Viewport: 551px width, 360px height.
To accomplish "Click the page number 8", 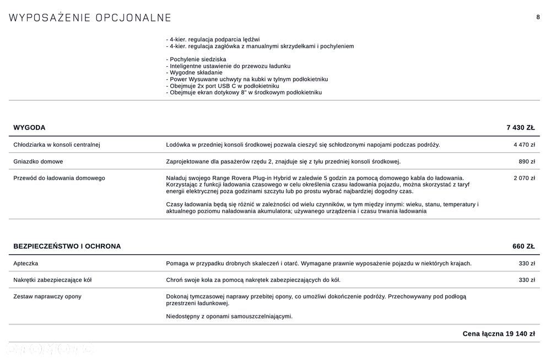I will (x=538, y=17).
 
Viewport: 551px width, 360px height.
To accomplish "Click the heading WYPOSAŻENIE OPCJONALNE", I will (x=90, y=18).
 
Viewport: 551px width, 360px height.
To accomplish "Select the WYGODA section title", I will (x=29, y=127).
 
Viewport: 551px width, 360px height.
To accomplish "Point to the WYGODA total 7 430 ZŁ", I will (x=520, y=127).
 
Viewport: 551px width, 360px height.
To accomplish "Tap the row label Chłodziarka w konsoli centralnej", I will (x=57, y=145).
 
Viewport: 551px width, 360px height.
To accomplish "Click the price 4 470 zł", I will (x=524, y=145).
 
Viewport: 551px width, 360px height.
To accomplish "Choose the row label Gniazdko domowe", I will (x=38, y=162).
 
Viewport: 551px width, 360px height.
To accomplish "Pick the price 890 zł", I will (x=527, y=162).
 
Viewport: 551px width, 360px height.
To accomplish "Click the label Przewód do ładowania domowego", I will (x=59, y=178).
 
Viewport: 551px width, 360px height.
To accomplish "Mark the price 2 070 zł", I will (x=524, y=178).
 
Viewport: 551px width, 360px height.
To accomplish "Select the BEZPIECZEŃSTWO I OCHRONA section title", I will (x=67, y=246).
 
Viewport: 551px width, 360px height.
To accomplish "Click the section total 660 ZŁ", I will (x=523, y=246).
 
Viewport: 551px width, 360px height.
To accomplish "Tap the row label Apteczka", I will (x=26, y=264).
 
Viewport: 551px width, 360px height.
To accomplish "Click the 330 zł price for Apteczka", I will (x=527, y=264).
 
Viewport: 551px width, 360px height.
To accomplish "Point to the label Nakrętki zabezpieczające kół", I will (x=52, y=280).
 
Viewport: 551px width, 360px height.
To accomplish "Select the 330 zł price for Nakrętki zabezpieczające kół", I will (x=527, y=280).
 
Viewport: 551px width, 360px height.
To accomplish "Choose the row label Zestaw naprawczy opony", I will (x=47, y=297).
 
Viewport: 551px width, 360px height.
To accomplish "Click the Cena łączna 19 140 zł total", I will (x=498, y=334).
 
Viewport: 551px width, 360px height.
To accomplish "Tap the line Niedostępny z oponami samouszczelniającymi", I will (x=229, y=316).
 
